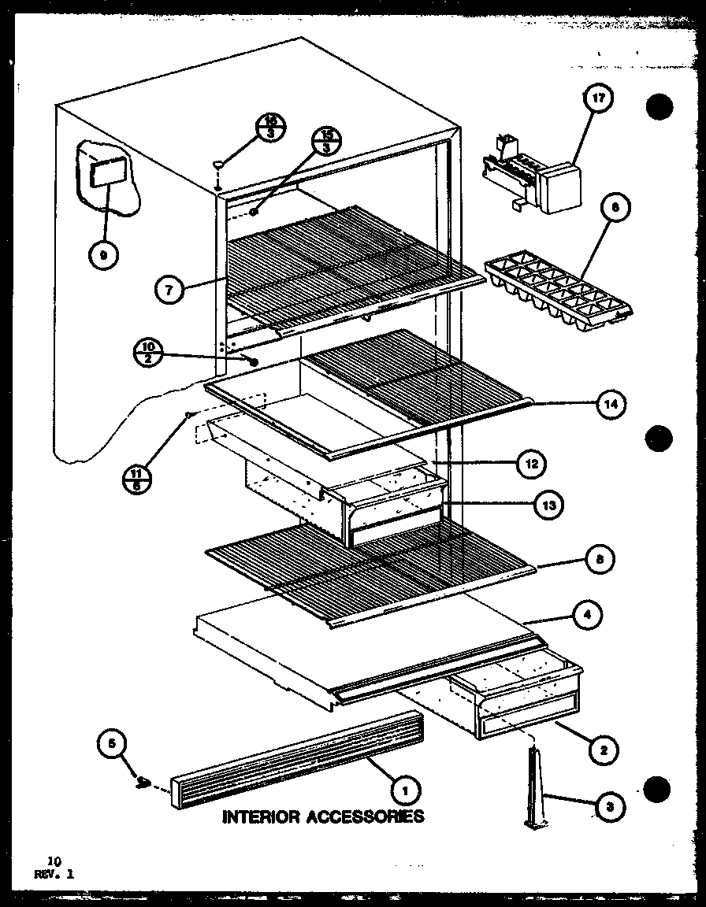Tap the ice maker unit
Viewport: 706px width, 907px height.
click(536, 177)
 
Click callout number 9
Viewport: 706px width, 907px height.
click(103, 254)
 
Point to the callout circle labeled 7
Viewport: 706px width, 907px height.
click(170, 290)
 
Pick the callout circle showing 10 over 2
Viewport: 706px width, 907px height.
click(149, 350)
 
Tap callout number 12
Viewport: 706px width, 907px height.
click(531, 465)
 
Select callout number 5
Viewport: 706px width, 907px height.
click(113, 742)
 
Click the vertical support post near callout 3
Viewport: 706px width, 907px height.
click(537, 788)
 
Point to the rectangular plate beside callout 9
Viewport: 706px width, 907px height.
click(107, 172)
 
